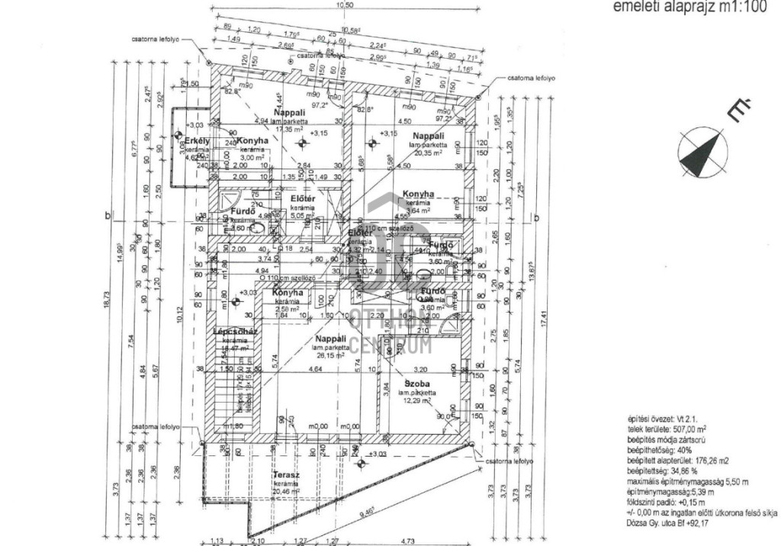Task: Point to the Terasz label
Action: point(285,475)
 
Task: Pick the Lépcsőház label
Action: point(239,332)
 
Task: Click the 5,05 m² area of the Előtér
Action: point(304,215)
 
